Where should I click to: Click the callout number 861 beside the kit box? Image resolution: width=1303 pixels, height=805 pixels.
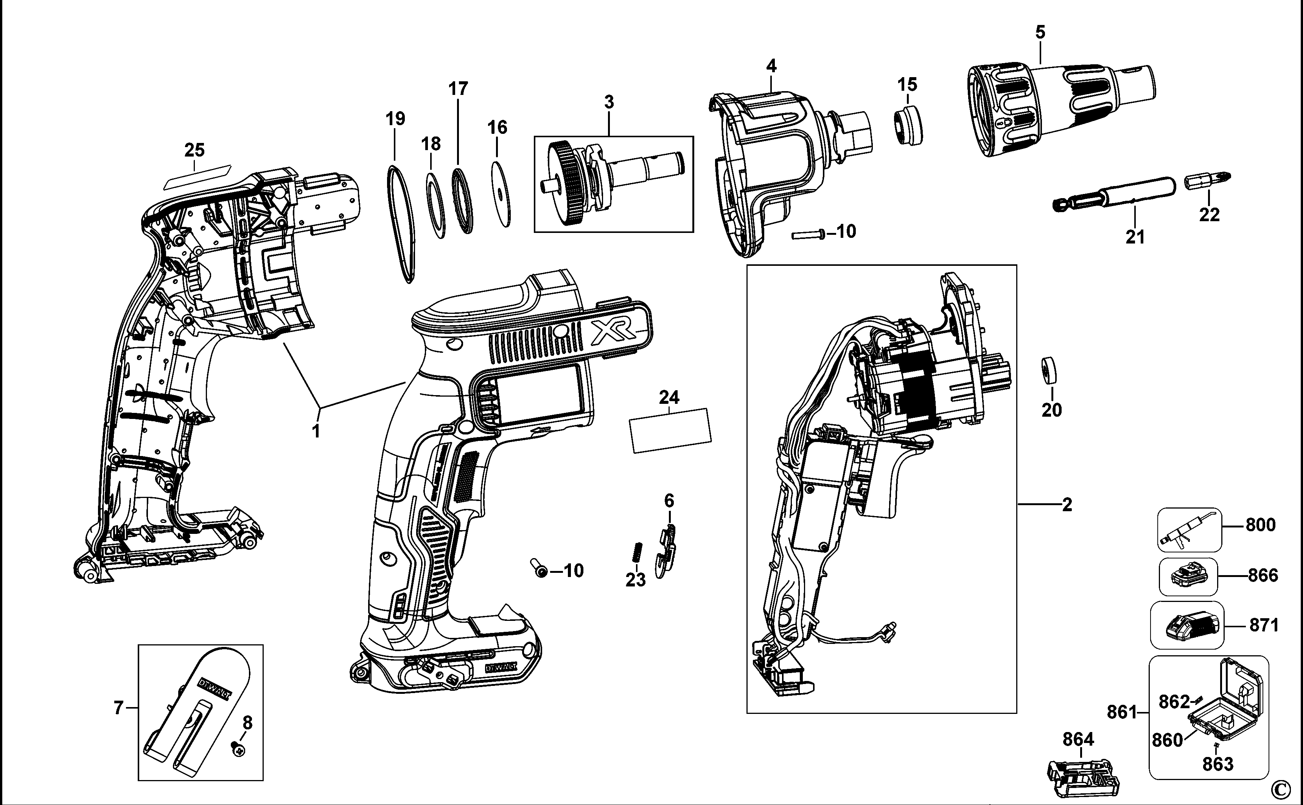[x=1122, y=712]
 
